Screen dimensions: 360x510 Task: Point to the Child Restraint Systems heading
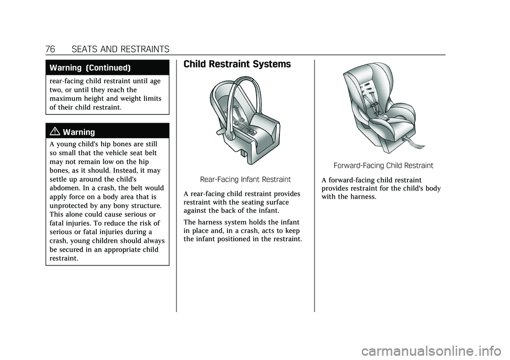[237, 64]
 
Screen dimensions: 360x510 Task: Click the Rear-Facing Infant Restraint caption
[245, 179]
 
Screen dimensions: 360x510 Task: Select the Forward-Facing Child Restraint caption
[383, 165]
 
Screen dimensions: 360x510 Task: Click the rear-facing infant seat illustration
[245, 122]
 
